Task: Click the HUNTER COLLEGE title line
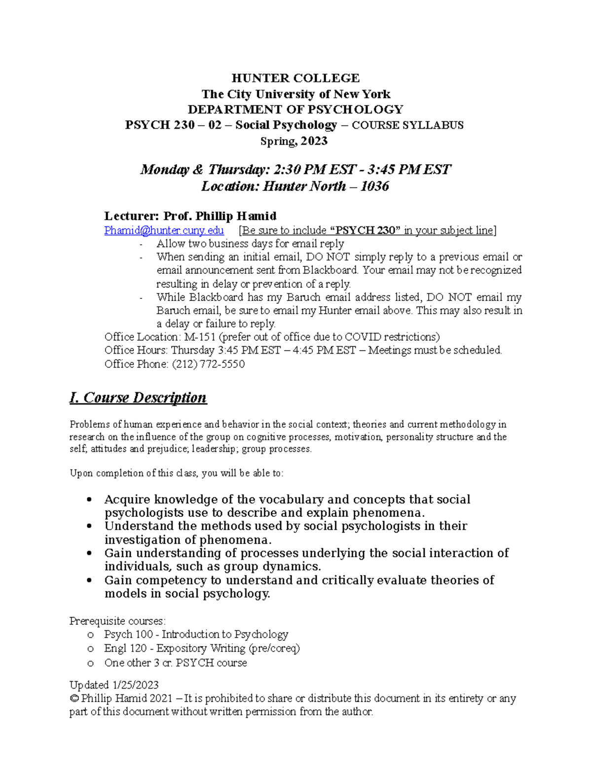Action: (x=296, y=78)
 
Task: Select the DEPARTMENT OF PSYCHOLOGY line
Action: (x=296, y=109)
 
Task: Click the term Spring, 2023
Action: (x=294, y=141)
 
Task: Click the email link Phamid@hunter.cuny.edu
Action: (x=164, y=230)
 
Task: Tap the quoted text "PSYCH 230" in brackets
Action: (x=365, y=230)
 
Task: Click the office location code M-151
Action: (x=200, y=337)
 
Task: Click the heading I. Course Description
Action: (x=138, y=398)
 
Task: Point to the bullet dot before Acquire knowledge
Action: (x=89, y=500)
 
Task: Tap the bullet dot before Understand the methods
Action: (x=89, y=526)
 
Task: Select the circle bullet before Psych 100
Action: (x=90, y=635)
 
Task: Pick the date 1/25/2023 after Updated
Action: (x=135, y=685)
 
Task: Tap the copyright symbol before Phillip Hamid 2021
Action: (x=74, y=698)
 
